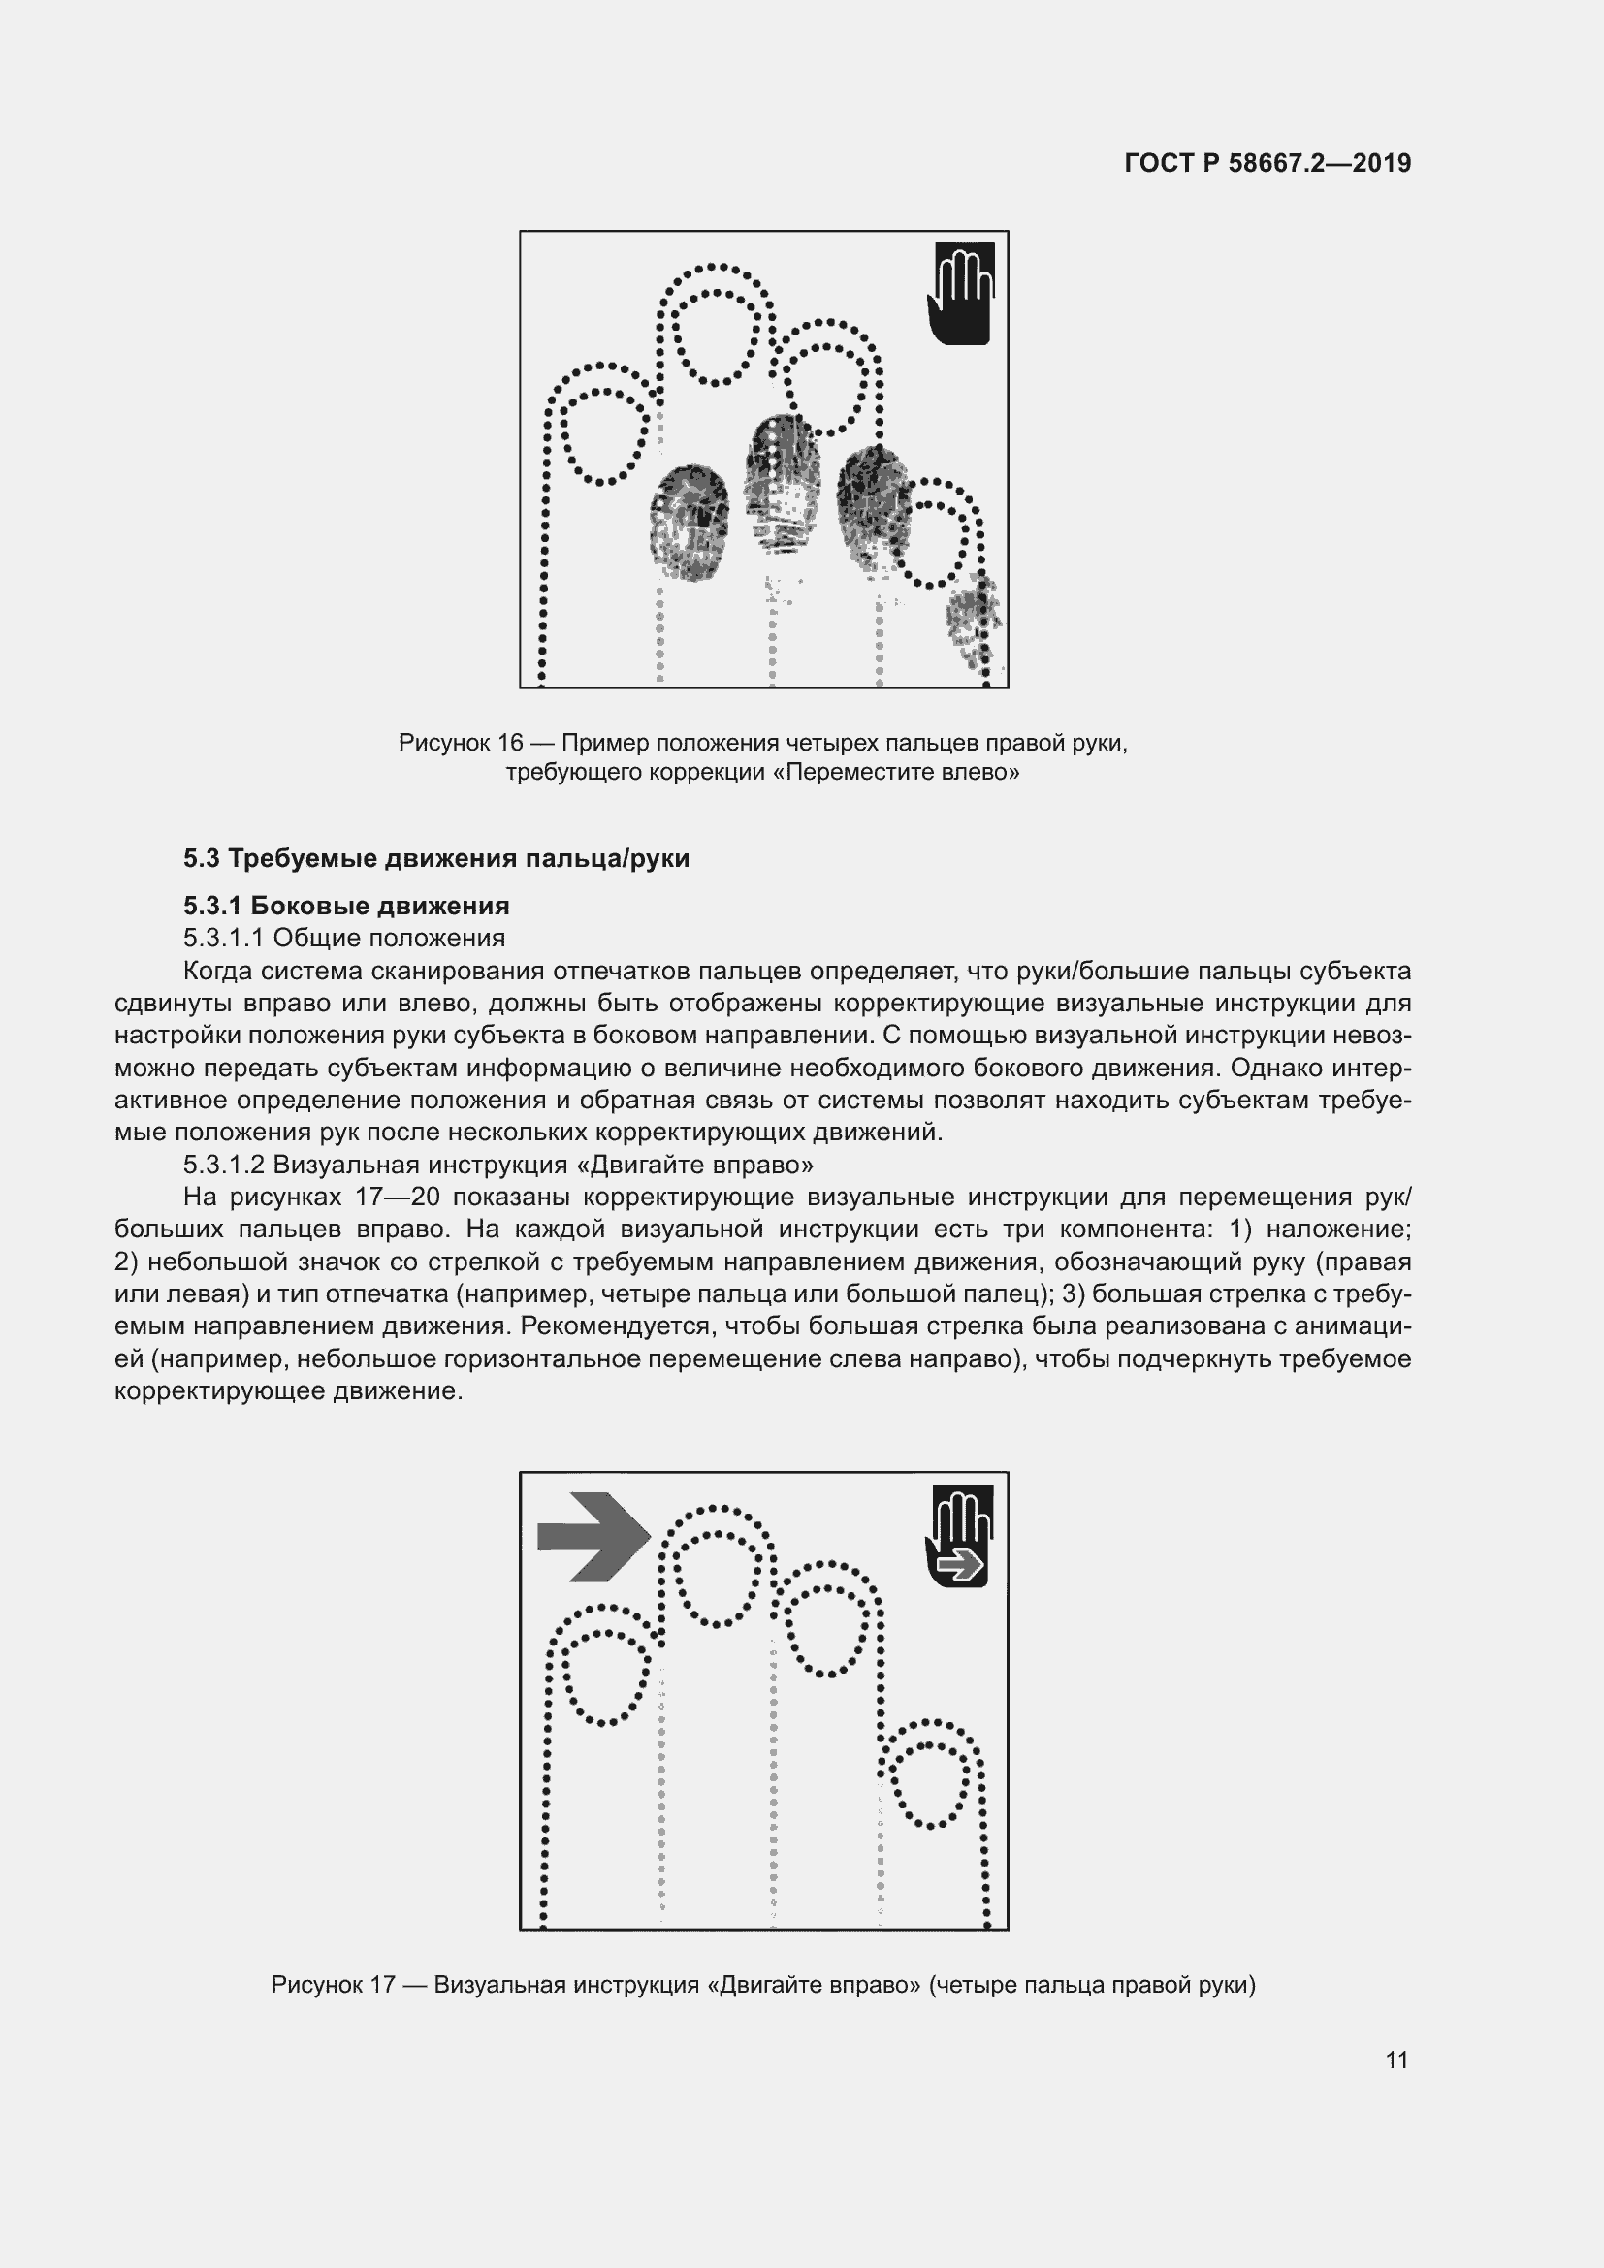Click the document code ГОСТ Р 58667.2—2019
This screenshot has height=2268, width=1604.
pyautogui.click(x=1267, y=163)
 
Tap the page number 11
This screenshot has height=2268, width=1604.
pyautogui.click(x=1396, y=2060)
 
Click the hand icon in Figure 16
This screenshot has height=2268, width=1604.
pyautogui.click(x=960, y=295)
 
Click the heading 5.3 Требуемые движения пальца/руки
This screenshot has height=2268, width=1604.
pyautogui.click(x=435, y=858)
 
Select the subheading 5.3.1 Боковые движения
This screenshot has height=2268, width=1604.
pyautogui.click(x=345, y=906)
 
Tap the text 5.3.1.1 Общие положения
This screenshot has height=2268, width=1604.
pyautogui.click(x=343, y=938)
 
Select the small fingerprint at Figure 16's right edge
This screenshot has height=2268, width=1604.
pyautogui.click(x=972, y=622)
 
